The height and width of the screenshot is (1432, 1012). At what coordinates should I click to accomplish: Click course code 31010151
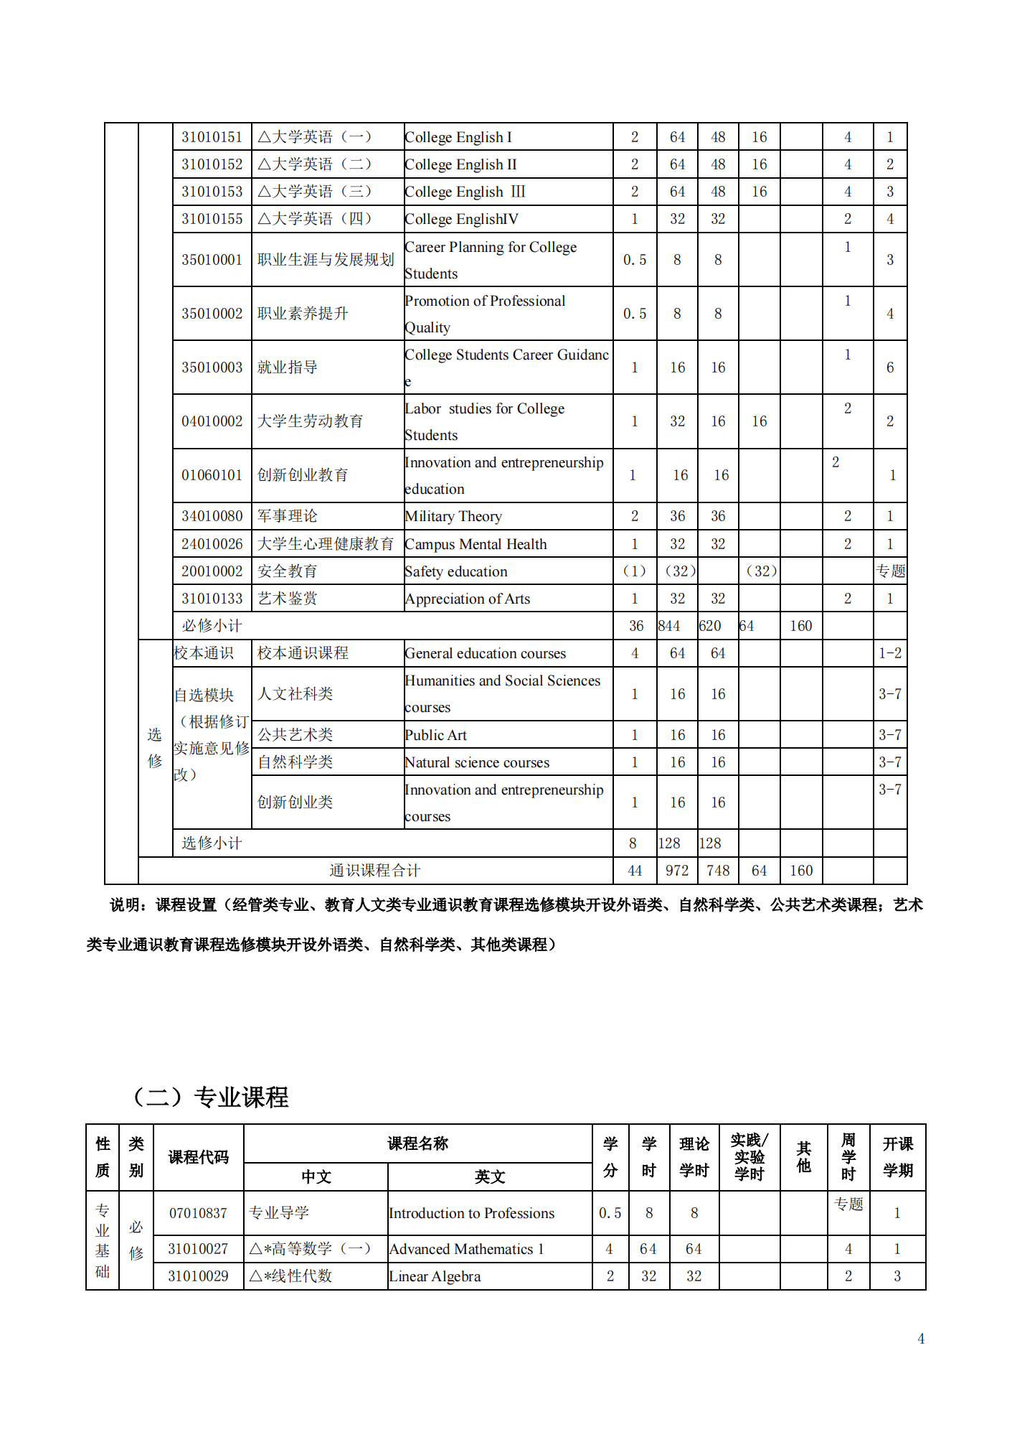[212, 137]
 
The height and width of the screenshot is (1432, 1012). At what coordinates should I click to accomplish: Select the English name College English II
[460, 164]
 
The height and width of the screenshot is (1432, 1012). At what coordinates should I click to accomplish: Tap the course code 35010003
[212, 368]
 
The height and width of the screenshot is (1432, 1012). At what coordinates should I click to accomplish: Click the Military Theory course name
[453, 516]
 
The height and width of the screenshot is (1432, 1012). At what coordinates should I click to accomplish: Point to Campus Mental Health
[476, 544]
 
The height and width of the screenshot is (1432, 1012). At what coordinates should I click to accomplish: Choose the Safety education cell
[456, 571]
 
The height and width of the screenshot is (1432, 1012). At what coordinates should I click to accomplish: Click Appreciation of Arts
[468, 599]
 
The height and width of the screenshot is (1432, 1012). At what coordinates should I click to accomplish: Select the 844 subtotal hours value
[669, 626]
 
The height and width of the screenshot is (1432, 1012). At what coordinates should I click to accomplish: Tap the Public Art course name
[436, 735]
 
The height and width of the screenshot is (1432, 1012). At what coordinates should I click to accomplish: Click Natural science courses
[477, 762]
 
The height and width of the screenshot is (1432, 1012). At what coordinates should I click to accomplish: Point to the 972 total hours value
[677, 871]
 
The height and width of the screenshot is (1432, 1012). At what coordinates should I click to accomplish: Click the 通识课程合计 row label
[374, 871]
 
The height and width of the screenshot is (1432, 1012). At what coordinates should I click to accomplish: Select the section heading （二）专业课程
[211, 1097]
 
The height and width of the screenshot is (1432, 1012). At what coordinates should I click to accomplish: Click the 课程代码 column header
[198, 1157]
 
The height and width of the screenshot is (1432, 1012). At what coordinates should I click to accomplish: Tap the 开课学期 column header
[897, 1157]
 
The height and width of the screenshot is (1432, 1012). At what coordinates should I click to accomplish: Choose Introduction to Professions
[472, 1213]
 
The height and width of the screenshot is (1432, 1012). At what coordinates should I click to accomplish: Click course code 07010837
[198, 1213]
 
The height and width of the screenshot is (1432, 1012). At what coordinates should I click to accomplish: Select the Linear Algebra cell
[435, 1276]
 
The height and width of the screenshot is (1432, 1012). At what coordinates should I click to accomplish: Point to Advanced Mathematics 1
[466, 1249]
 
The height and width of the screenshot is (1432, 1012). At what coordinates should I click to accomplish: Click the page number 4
[921, 1339]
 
